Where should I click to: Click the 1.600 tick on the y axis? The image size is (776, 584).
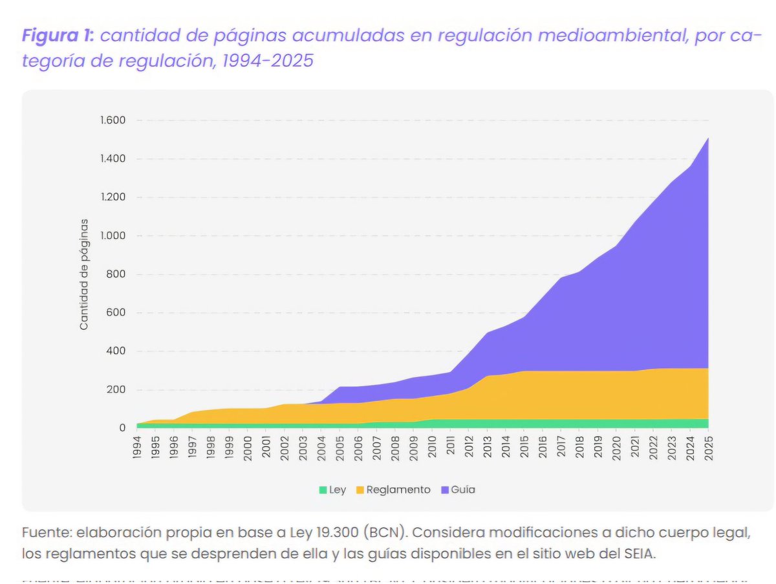(112, 120)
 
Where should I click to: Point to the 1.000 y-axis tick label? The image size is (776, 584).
(112, 236)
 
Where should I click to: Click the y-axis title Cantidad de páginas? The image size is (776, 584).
(84, 274)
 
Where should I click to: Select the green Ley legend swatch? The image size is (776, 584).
(322, 490)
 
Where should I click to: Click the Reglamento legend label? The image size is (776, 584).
(398, 490)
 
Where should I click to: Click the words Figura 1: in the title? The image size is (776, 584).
(58, 36)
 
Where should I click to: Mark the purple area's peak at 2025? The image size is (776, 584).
(708, 138)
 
